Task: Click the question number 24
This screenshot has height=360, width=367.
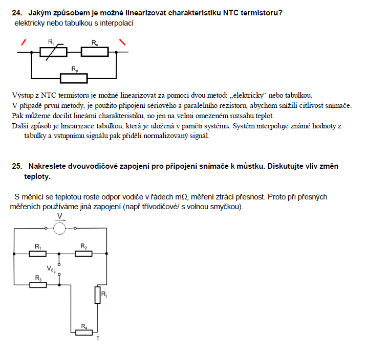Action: click(17, 13)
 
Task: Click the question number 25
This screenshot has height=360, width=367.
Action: click(17, 166)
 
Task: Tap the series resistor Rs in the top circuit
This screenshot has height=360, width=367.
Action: click(95, 52)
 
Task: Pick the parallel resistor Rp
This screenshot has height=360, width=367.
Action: click(74, 78)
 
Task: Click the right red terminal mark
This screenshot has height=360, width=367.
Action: click(122, 42)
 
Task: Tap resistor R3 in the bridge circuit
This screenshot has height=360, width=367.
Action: click(38, 283)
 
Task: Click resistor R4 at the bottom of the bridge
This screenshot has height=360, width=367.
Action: click(84, 332)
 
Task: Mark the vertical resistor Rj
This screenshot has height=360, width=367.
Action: click(97, 295)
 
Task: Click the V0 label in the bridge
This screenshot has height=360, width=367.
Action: click(50, 268)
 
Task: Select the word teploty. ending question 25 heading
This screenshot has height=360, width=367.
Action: click(37, 176)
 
